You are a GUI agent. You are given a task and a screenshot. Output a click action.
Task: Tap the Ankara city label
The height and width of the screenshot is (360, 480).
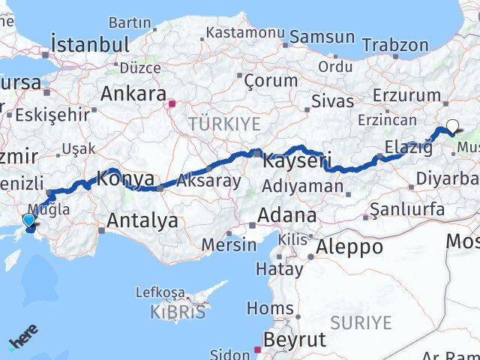coord(133,94)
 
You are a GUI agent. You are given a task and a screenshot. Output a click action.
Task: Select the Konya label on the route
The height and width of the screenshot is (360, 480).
coord(126,179)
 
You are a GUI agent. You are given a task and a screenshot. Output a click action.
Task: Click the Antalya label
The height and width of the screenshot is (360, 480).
coord(142,220)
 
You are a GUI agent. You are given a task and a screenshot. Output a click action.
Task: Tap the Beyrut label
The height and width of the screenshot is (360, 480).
coord(297,340)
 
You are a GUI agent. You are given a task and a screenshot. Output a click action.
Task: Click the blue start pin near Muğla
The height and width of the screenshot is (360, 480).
coord(28,220)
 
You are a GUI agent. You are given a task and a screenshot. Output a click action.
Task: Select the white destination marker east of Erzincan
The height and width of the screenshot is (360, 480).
coord(452,126)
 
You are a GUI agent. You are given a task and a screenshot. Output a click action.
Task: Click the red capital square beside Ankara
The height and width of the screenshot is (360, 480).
coord(172,103)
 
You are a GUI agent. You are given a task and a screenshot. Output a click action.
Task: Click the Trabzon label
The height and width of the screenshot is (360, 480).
coord(399,45)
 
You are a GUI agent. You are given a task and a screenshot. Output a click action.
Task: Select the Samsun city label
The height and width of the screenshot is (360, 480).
coord(322,36)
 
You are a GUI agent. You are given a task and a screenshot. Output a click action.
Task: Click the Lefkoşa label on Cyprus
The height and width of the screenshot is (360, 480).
coord(160,292)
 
